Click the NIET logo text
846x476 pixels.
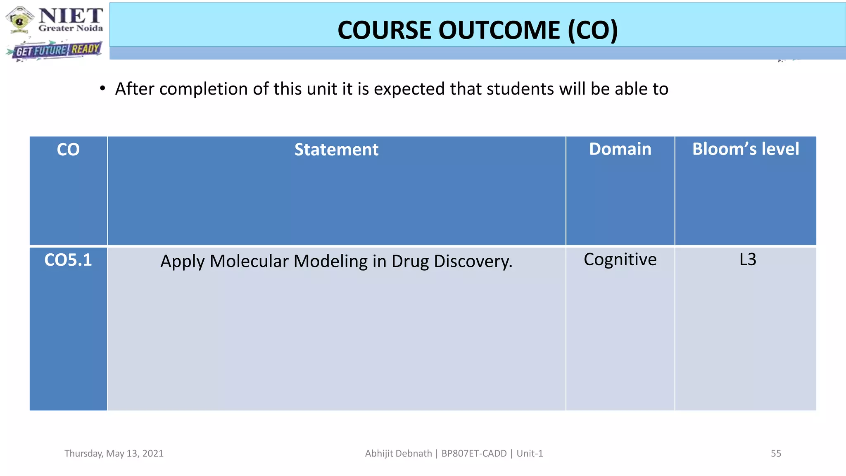pyautogui.click(x=71, y=16)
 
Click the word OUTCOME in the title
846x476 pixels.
pyautogui.click(x=499, y=30)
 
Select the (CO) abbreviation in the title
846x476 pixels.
pyautogui.click(x=593, y=30)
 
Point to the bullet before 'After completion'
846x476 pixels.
pyautogui.click(x=102, y=89)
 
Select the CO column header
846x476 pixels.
pyautogui.click(x=68, y=150)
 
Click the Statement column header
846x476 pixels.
pyautogui.click(x=336, y=150)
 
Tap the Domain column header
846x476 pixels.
pyautogui.click(x=620, y=149)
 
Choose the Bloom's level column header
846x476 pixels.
pyautogui.click(x=746, y=149)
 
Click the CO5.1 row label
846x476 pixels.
pyautogui.click(x=68, y=260)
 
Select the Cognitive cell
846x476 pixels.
pyautogui.click(x=620, y=259)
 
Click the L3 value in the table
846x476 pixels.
pyautogui.click(x=748, y=259)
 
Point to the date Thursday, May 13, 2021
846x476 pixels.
pyautogui.click(x=114, y=453)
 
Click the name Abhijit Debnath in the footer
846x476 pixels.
pyautogui.click(x=398, y=453)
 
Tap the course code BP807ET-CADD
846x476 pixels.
pyautogui.click(x=474, y=453)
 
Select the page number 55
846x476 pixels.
pyautogui.click(x=776, y=453)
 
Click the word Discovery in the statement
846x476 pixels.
pyautogui.click(x=473, y=261)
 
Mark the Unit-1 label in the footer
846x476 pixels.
pyautogui.click(x=530, y=453)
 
